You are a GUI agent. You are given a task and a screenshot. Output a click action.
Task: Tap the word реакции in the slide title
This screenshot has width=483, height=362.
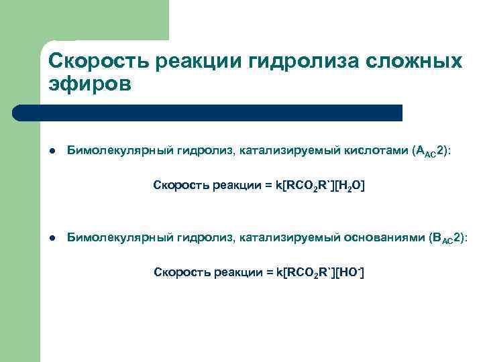[x=199, y=62]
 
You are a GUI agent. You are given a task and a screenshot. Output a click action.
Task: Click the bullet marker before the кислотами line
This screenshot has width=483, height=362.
[x=52, y=152]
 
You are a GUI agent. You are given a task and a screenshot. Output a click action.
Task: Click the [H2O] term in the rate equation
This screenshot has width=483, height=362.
[x=347, y=185]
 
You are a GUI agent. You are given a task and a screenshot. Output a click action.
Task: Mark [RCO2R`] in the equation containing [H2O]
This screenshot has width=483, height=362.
[x=306, y=185]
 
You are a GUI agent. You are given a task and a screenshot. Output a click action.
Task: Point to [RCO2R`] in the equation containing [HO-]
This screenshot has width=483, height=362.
[x=307, y=271]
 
